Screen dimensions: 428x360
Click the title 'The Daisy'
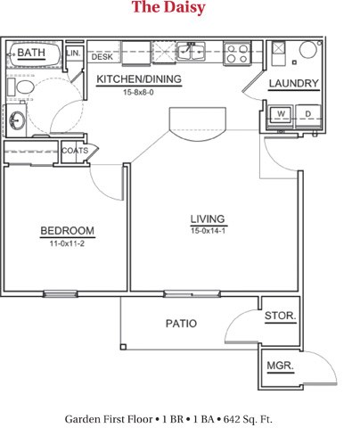point(168,9)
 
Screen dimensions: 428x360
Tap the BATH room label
point(31,53)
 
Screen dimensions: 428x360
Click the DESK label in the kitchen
point(102,56)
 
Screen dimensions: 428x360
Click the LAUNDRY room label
point(294,84)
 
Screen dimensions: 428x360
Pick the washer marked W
point(281,114)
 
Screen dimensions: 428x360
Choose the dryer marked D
point(307,114)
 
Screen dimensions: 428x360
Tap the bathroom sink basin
point(16,119)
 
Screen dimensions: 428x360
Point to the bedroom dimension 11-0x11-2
point(67,243)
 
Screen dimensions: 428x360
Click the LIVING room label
point(207,219)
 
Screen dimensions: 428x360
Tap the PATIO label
point(181,323)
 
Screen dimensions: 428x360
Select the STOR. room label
point(281,317)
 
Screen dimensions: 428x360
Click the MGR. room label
point(281,366)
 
